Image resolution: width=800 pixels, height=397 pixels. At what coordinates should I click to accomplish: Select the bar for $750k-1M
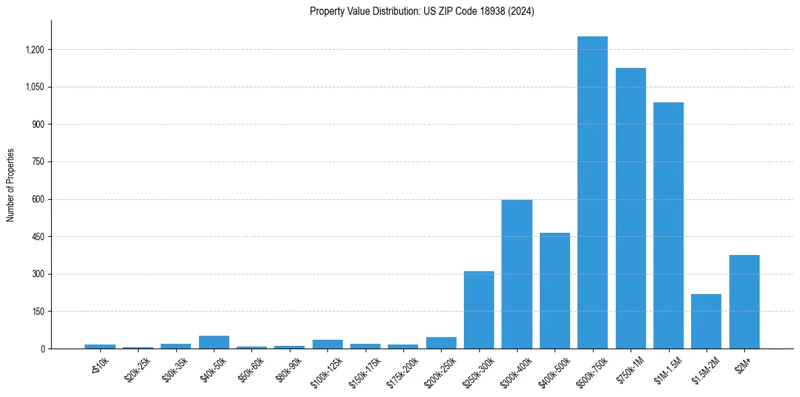pyautogui.click(x=631, y=209)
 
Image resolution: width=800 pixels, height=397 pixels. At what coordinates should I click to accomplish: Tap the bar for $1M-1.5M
pyautogui.click(x=668, y=225)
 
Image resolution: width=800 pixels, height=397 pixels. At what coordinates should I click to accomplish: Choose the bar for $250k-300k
pyautogui.click(x=479, y=310)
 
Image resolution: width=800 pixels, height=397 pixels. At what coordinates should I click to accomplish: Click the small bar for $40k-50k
pyautogui.click(x=214, y=342)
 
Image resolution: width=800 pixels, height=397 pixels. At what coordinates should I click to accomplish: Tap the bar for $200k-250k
pyautogui.click(x=441, y=342)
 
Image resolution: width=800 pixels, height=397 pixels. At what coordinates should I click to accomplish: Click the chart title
pyautogui.click(x=422, y=11)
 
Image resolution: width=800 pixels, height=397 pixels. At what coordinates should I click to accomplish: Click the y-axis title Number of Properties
pyautogui.click(x=11, y=184)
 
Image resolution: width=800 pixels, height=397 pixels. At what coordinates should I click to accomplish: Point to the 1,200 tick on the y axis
pyautogui.click(x=35, y=50)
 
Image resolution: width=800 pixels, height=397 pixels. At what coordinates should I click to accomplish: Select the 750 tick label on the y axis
pyautogui.click(x=38, y=162)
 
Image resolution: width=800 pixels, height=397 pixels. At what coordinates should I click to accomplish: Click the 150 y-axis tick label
pyautogui.click(x=38, y=312)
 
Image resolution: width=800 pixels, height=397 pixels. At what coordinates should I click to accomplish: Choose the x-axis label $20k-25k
pyautogui.click(x=138, y=366)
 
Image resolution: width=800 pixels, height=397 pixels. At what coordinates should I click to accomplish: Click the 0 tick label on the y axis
pyautogui.click(x=42, y=349)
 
